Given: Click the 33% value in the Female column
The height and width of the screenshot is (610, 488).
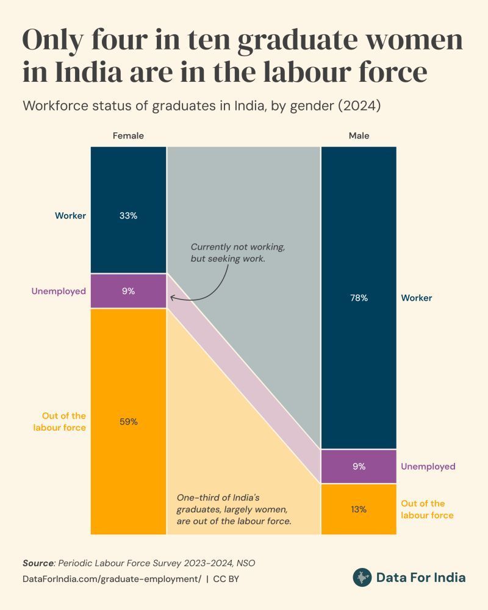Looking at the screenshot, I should click(x=128, y=215).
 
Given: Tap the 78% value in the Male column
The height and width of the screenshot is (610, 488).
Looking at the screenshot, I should click(x=359, y=298).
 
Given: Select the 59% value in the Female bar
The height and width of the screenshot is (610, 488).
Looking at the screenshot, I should click(x=128, y=422).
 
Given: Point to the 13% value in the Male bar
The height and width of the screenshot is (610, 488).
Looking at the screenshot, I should click(x=359, y=509).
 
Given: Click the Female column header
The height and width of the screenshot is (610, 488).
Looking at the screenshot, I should click(x=128, y=136).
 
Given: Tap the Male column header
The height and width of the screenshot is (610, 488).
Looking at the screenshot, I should click(x=359, y=136).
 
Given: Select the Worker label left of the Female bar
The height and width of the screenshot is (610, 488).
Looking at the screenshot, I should click(x=70, y=215).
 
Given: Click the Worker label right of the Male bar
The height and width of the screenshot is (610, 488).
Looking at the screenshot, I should click(x=417, y=298).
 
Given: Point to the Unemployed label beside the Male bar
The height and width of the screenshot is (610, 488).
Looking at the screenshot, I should click(x=428, y=467).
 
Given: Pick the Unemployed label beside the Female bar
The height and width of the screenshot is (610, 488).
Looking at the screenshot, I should click(x=59, y=291).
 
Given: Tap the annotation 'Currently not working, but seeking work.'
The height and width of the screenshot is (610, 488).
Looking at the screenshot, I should click(x=238, y=253).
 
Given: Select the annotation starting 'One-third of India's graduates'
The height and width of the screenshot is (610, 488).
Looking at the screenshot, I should click(x=234, y=509).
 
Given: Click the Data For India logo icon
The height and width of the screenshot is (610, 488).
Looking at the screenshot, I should click(x=362, y=577).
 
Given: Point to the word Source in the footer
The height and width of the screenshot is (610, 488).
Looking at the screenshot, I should click(x=38, y=562).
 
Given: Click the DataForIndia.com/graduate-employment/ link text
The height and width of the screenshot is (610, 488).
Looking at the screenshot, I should click(x=112, y=578).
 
